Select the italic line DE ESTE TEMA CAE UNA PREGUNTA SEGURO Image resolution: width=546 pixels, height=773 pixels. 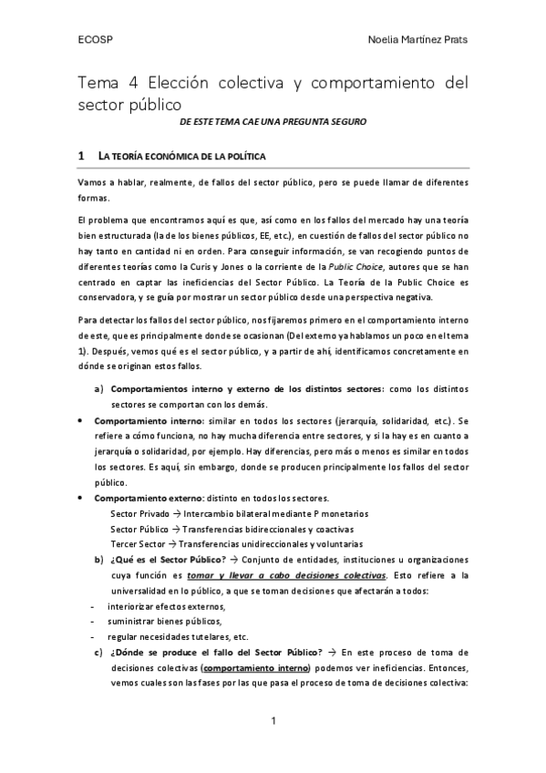[x=273, y=120]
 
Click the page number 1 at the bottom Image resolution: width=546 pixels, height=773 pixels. [x=273, y=723]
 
